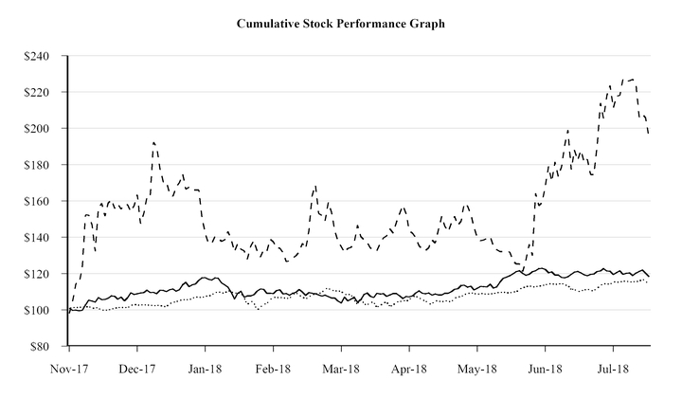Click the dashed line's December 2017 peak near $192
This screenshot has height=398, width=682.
(x=153, y=142)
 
